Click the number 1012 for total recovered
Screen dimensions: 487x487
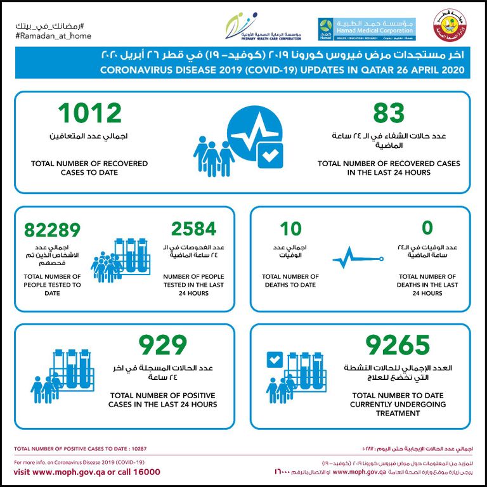point(89,114)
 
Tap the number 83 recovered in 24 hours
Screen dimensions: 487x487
point(388,114)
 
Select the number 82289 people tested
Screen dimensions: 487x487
point(52,230)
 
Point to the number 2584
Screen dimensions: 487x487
point(193,229)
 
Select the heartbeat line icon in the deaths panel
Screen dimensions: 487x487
point(358,259)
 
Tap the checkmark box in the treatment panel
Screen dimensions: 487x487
point(275,361)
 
